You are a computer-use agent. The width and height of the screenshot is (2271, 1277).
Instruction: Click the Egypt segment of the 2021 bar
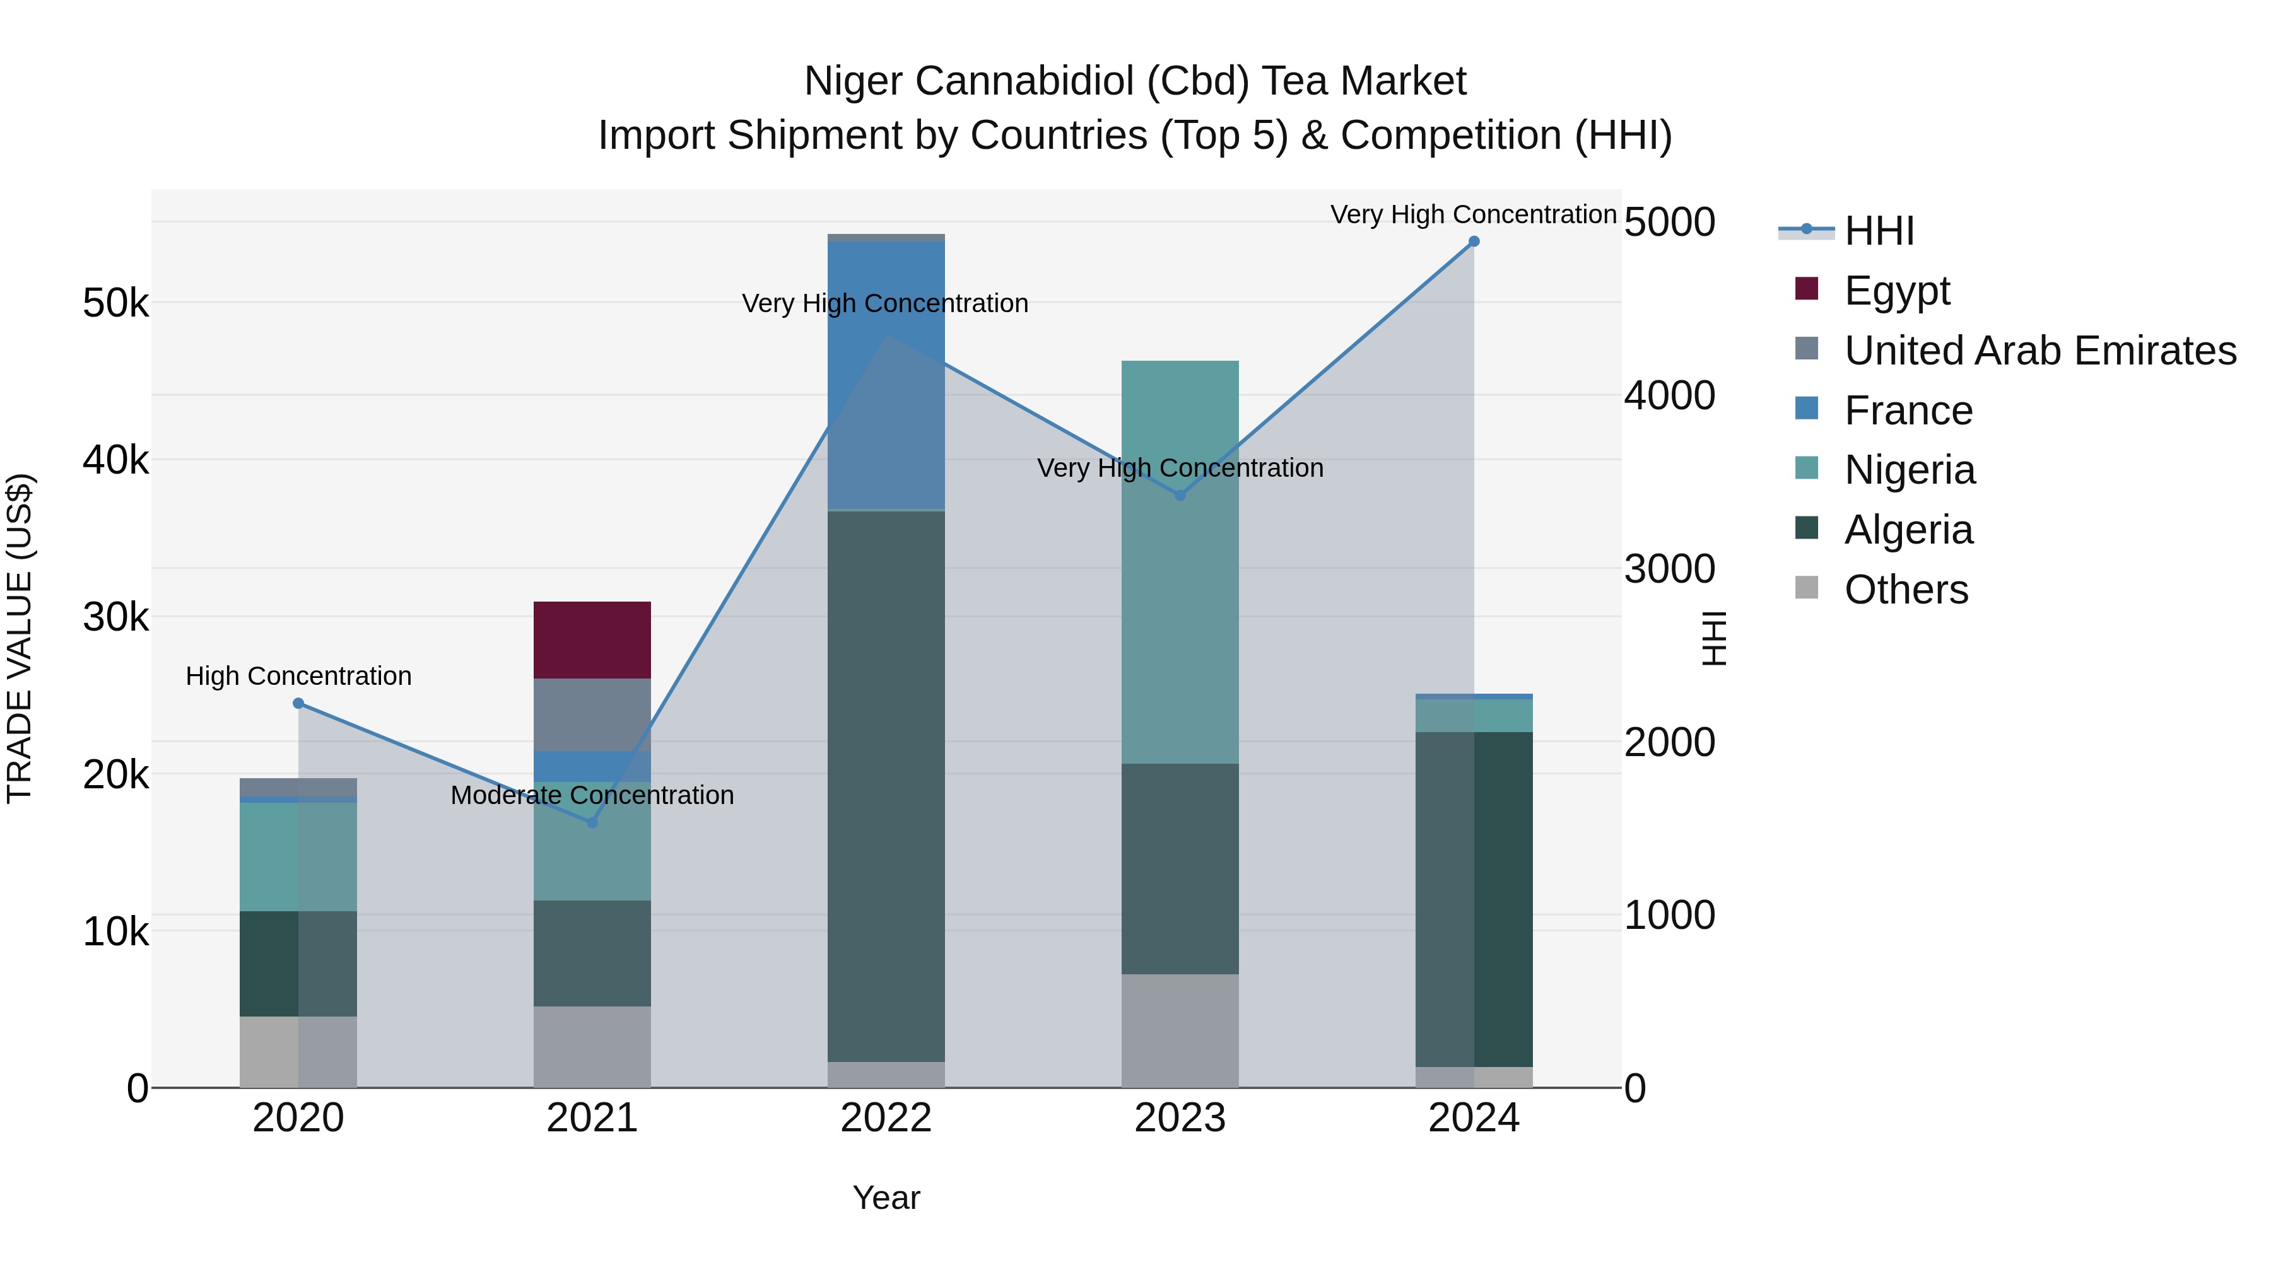pyautogui.click(x=592, y=640)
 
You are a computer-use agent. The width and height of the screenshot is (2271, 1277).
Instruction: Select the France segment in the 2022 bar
pyautogui.click(x=886, y=375)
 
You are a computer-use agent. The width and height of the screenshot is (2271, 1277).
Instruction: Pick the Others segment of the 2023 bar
pyautogui.click(x=1180, y=1030)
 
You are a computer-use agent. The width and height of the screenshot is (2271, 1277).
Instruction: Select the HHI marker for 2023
pyautogui.click(x=1180, y=495)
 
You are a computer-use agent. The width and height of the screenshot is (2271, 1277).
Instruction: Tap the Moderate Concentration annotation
pyautogui.click(x=592, y=795)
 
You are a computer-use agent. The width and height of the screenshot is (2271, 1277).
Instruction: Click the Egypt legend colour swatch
pyautogui.click(x=1807, y=289)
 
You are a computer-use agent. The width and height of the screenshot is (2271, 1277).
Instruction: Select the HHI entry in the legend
pyautogui.click(x=1878, y=231)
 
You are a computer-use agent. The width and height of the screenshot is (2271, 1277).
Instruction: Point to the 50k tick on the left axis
pyautogui.click(x=115, y=304)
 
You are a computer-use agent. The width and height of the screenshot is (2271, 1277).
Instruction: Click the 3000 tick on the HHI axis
pyautogui.click(x=1669, y=568)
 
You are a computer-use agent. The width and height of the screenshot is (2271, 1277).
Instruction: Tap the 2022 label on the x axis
pyautogui.click(x=886, y=1118)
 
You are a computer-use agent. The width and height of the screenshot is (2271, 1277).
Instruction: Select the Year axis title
pyautogui.click(x=886, y=1198)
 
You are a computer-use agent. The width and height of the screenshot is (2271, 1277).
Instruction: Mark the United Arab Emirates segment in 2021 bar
pyautogui.click(x=592, y=714)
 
